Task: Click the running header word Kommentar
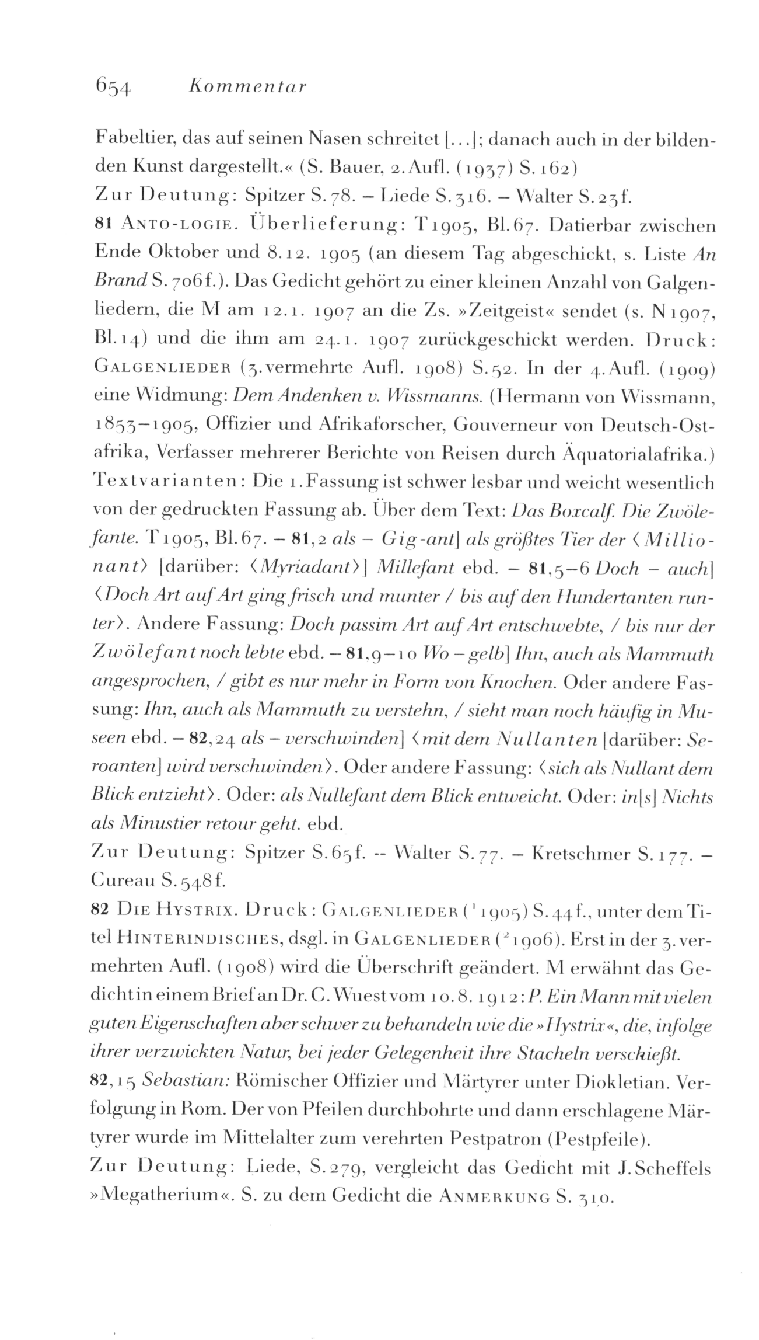coord(248,86)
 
